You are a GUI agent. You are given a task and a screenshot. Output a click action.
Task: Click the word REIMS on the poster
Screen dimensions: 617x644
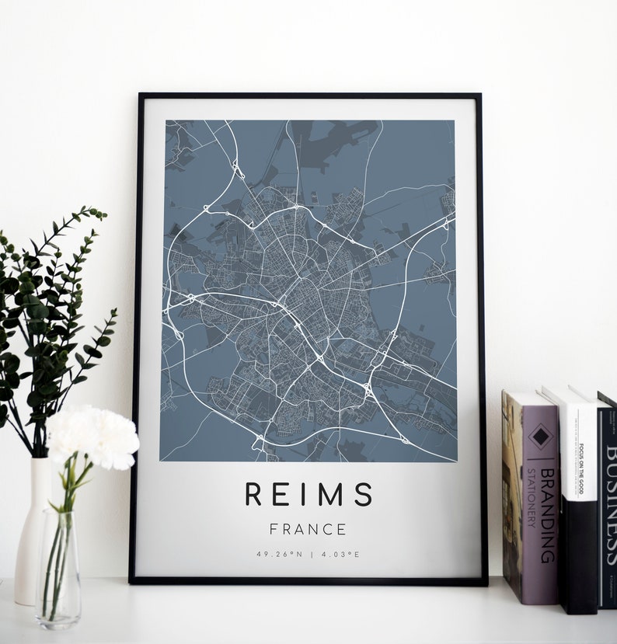click(308, 494)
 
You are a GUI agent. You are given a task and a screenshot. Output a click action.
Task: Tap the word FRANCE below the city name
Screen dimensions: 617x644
click(308, 530)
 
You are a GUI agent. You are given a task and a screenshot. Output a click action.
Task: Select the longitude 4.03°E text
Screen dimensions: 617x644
click(342, 555)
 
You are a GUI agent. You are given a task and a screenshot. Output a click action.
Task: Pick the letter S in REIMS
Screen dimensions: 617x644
click(364, 494)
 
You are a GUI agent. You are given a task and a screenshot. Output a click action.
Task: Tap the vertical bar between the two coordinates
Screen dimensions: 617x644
click(308, 555)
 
